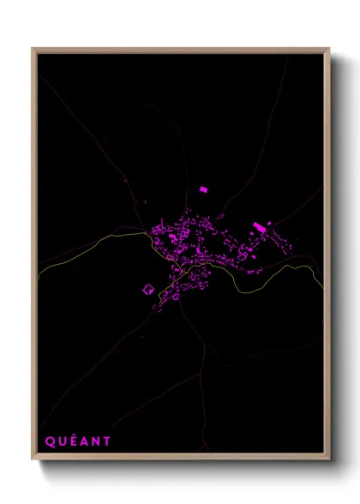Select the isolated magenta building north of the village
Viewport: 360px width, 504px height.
[x=203, y=189]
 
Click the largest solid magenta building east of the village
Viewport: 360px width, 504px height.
[x=259, y=227]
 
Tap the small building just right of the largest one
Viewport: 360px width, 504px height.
[x=269, y=224]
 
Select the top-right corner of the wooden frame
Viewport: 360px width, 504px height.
[x=329, y=49]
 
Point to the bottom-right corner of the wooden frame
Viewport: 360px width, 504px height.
[x=329, y=461]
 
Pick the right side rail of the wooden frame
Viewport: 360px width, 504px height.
[x=327, y=257]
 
